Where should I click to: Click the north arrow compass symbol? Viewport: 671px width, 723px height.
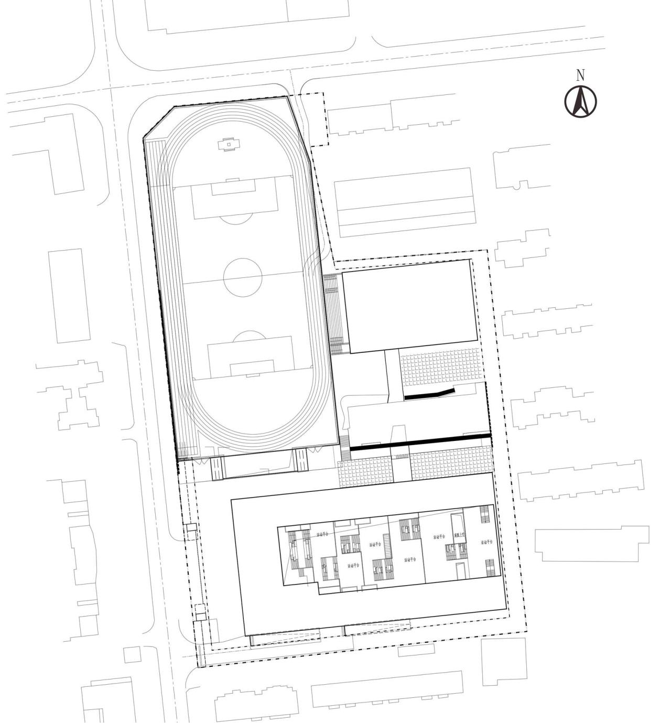(x=580, y=101)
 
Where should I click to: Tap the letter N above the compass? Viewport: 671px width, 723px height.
(x=580, y=75)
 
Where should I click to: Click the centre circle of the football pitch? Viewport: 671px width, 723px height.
(x=243, y=277)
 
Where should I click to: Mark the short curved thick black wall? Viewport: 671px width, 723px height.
(x=429, y=394)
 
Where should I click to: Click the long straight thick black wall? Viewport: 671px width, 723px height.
(x=420, y=441)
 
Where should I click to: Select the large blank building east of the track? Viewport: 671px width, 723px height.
(x=409, y=306)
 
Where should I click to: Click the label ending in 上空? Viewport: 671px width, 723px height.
(x=460, y=535)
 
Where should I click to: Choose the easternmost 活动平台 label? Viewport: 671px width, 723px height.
(x=488, y=542)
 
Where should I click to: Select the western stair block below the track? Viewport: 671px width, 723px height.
(x=217, y=468)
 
